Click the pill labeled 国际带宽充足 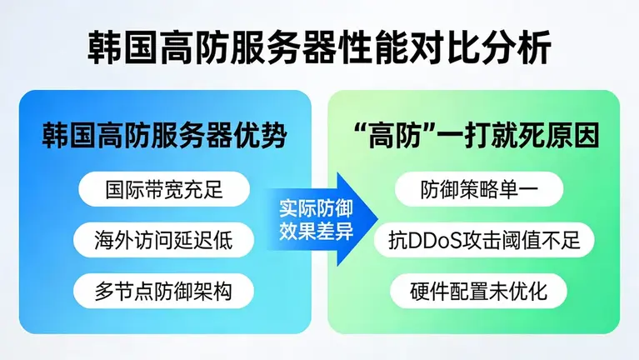coord(162,189)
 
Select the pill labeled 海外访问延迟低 coord(162,240)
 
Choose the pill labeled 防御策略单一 coord(478,189)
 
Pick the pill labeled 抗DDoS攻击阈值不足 coord(478,240)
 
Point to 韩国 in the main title coord(114,49)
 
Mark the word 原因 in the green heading coord(575,135)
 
